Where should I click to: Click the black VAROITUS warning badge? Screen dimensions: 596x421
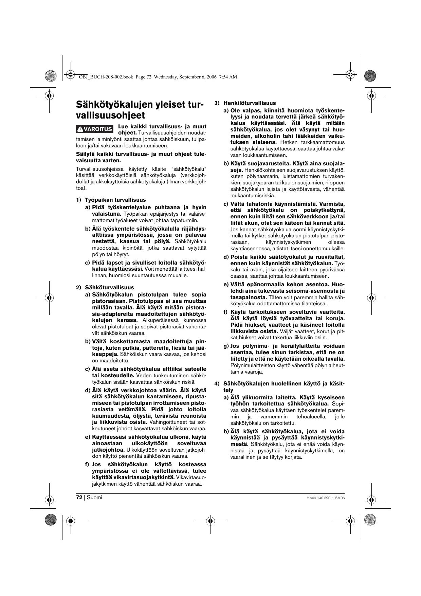pyautogui.click(x=94, y=129)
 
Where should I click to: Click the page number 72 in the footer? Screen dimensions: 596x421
pyautogui.click(x=79, y=498)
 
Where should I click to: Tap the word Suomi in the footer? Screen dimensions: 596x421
pyautogui.click(x=94, y=498)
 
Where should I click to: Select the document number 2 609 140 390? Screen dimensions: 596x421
pyautogui.click(x=318, y=498)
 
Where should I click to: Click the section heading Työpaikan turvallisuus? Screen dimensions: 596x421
pyautogui.click(x=115, y=200)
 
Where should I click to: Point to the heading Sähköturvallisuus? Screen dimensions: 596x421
pyautogui.click(x=109, y=287)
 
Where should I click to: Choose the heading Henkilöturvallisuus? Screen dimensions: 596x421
pyautogui.click(x=250, y=103)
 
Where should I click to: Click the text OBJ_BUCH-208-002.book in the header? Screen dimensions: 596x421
pyautogui.click(x=106, y=77)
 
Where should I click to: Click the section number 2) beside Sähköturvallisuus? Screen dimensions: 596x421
pyautogui.click(x=78, y=287)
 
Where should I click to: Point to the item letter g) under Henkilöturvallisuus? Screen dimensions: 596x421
pyautogui.click(x=226, y=346)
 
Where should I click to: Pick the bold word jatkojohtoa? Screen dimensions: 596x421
pyautogui.click(x=108, y=450)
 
